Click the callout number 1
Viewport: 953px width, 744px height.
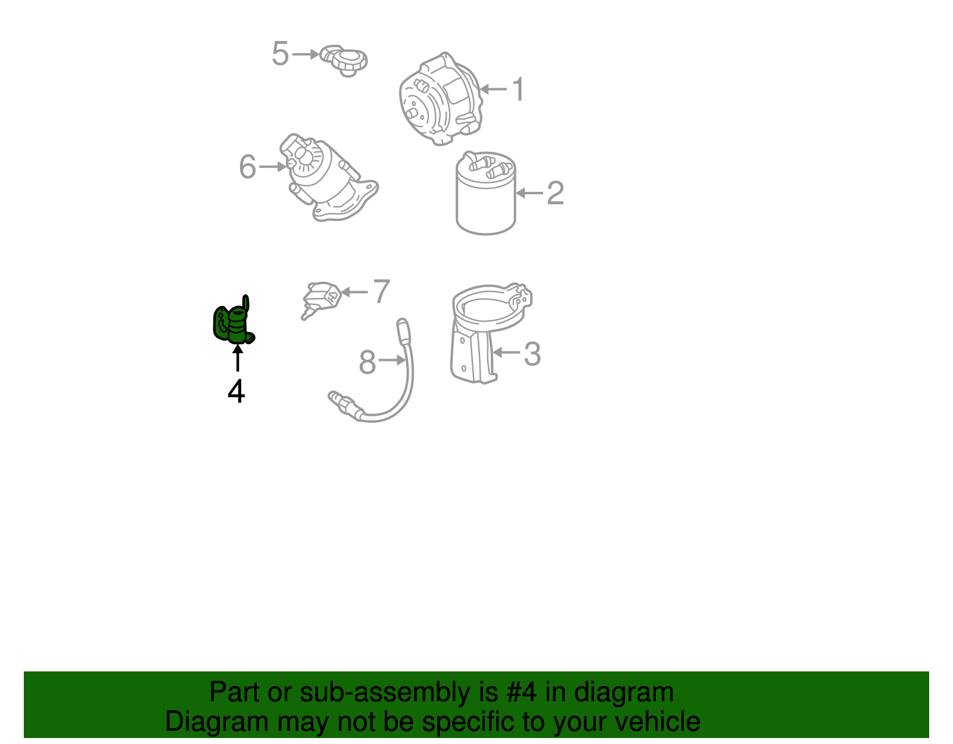click(519, 89)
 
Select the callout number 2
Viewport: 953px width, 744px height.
click(555, 193)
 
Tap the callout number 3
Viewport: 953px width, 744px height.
click(532, 354)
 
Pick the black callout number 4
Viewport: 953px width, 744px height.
click(236, 391)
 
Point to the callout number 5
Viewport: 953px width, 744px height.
click(280, 54)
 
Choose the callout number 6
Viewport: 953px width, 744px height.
click(247, 167)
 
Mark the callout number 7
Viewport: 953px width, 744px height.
click(381, 291)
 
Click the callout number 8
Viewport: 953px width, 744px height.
click(368, 362)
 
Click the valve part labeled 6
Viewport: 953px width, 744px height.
click(325, 179)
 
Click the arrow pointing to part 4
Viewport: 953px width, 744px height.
click(238, 359)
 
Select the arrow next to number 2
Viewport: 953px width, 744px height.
click(530, 193)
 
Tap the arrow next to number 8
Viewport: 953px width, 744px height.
click(391, 360)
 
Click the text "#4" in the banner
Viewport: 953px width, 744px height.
click(521, 692)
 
